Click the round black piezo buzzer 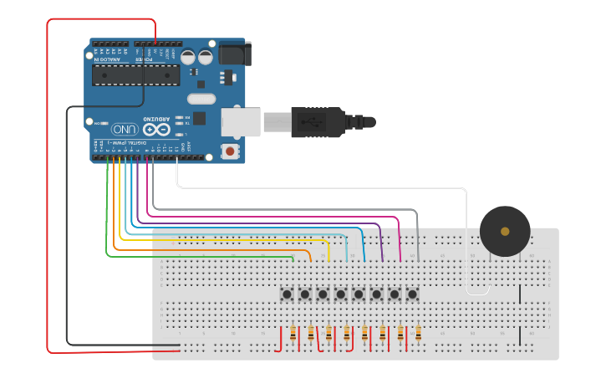[x=505, y=231]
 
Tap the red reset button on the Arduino [x=230, y=151]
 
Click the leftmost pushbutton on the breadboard [x=287, y=294]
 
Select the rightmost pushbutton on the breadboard [x=412, y=294]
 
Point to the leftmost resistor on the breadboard [x=293, y=334]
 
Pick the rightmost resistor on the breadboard [x=418, y=334]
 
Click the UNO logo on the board [x=125, y=130]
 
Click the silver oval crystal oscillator [x=201, y=99]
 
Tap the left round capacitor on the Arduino [x=188, y=58]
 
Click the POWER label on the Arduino [x=145, y=59]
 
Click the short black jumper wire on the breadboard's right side [x=520, y=294]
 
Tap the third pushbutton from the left [x=323, y=294]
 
